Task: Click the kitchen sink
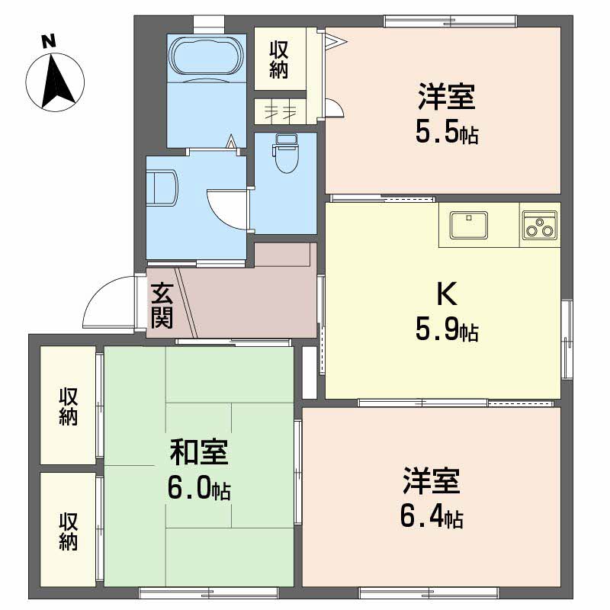[469, 225]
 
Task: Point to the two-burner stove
[540, 225]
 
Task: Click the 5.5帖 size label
[446, 133]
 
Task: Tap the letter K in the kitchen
[445, 294]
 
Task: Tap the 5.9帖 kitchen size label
[446, 332]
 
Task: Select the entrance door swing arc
[107, 301]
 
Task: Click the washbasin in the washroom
[164, 188]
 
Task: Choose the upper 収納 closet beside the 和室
[68, 406]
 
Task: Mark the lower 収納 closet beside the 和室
[68, 530]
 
